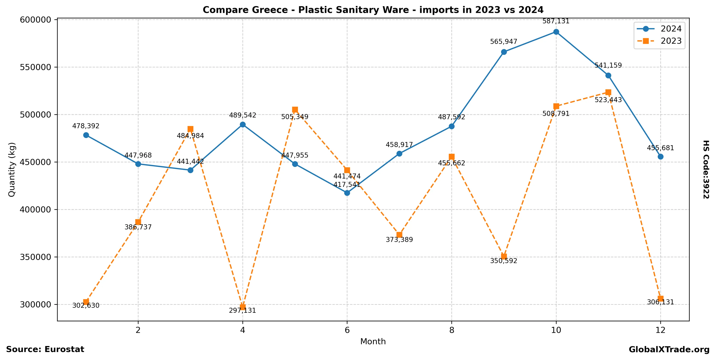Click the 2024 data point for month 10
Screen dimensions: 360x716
(x=556, y=32)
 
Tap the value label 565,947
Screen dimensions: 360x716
(x=504, y=42)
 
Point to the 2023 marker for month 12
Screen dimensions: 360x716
(x=660, y=299)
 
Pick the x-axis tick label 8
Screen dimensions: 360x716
(x=452, y=330)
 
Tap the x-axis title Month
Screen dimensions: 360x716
(x=373, y=341)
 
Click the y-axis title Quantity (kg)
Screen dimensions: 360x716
(x=12, y=169)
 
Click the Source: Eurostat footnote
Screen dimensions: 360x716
(x=45, y=349)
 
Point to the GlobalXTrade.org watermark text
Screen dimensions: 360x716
(x=669, y=350)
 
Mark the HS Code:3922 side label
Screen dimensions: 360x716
(x=706, y=169)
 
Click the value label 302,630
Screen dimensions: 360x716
(x=86, y=305)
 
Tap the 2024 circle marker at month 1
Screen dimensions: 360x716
(x=86, y=135)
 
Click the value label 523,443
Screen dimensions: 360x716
(x=608, y=100)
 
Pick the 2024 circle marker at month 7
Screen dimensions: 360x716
(x=399, y=154)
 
